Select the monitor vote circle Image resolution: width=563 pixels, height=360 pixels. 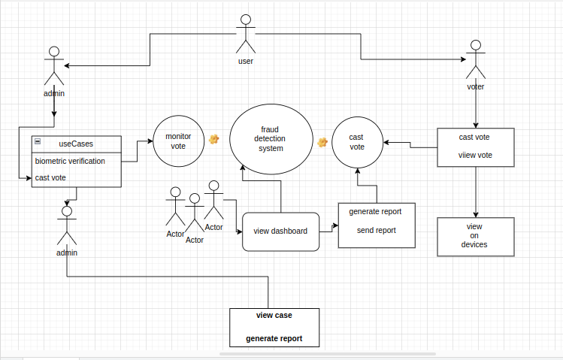[178, 141]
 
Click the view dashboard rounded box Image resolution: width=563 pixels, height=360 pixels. [280, 231]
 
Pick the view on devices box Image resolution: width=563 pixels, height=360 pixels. [475, 236]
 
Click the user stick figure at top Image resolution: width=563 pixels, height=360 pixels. [245, 35]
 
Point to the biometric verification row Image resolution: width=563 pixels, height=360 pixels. [70, 161]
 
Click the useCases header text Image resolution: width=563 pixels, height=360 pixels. [76, 143]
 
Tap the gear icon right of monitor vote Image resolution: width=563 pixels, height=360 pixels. [213, 139]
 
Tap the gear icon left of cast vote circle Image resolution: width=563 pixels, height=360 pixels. [322, 142]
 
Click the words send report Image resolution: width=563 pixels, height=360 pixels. [376, 231]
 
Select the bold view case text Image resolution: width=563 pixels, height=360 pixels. [274, 315]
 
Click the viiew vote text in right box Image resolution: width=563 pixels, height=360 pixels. [475, 155]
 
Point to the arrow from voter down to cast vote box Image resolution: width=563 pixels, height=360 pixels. [475, 109]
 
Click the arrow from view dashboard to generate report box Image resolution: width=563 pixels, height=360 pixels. [329, 231]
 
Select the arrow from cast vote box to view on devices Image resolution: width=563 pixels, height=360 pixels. [475, 192]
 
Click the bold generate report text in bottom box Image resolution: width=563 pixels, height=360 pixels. [274, 339]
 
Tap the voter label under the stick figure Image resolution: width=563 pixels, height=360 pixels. [475, 86]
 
